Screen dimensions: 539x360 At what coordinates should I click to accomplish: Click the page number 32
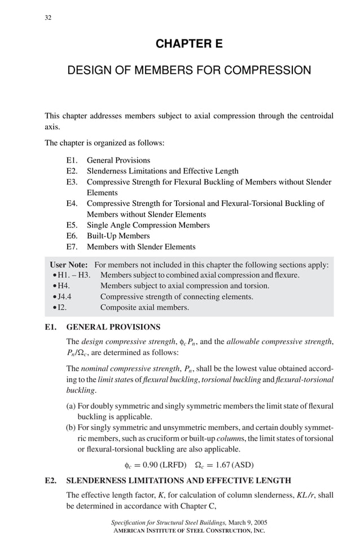48,17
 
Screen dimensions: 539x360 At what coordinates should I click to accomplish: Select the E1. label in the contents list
72,160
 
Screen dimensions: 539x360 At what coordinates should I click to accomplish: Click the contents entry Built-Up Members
118,236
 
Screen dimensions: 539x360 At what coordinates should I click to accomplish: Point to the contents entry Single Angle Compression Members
148,225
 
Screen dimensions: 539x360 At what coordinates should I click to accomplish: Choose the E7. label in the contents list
72,247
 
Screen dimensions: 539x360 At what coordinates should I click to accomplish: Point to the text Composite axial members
144,308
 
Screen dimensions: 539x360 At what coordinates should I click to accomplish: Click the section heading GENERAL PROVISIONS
113,327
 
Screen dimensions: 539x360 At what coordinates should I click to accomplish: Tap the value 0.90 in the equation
152,466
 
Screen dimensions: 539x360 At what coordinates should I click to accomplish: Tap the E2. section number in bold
51,481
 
